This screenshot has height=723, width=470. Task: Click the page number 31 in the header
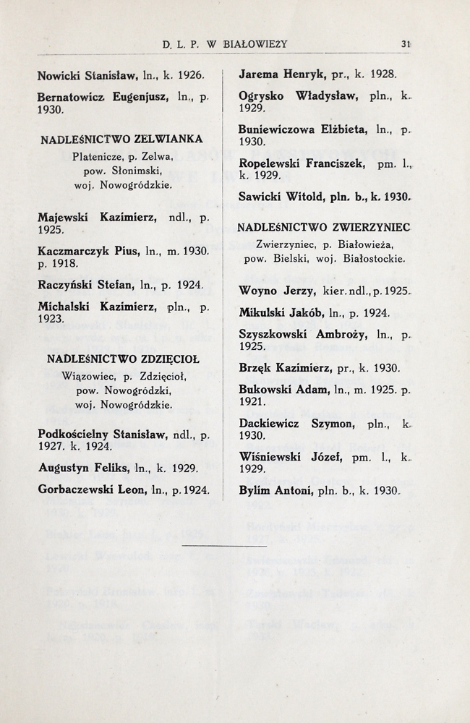click(406, 43)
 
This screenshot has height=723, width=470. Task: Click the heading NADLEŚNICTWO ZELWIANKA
click(121, 138)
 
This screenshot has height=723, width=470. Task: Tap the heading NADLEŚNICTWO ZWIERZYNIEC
click(323, 227)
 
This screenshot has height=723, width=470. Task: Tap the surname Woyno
click(257, 291)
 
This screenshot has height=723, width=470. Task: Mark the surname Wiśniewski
click(270, 458)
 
